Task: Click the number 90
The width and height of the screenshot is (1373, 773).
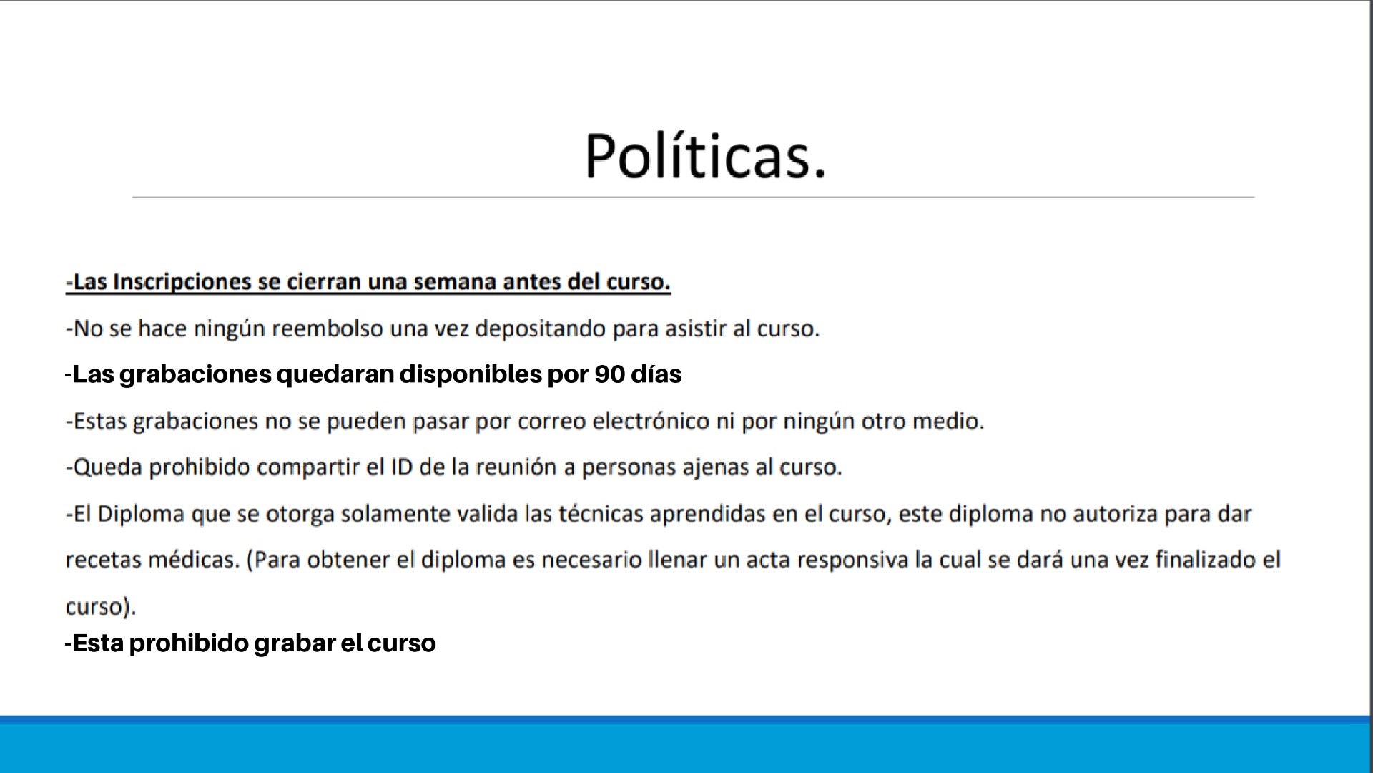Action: pyautogui.click(x=609, y=374)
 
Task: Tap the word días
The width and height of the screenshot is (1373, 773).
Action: pyautogui.click(x=656, y=374)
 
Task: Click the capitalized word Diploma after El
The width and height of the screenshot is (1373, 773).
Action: pyautogui.click(x=141, y=515)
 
